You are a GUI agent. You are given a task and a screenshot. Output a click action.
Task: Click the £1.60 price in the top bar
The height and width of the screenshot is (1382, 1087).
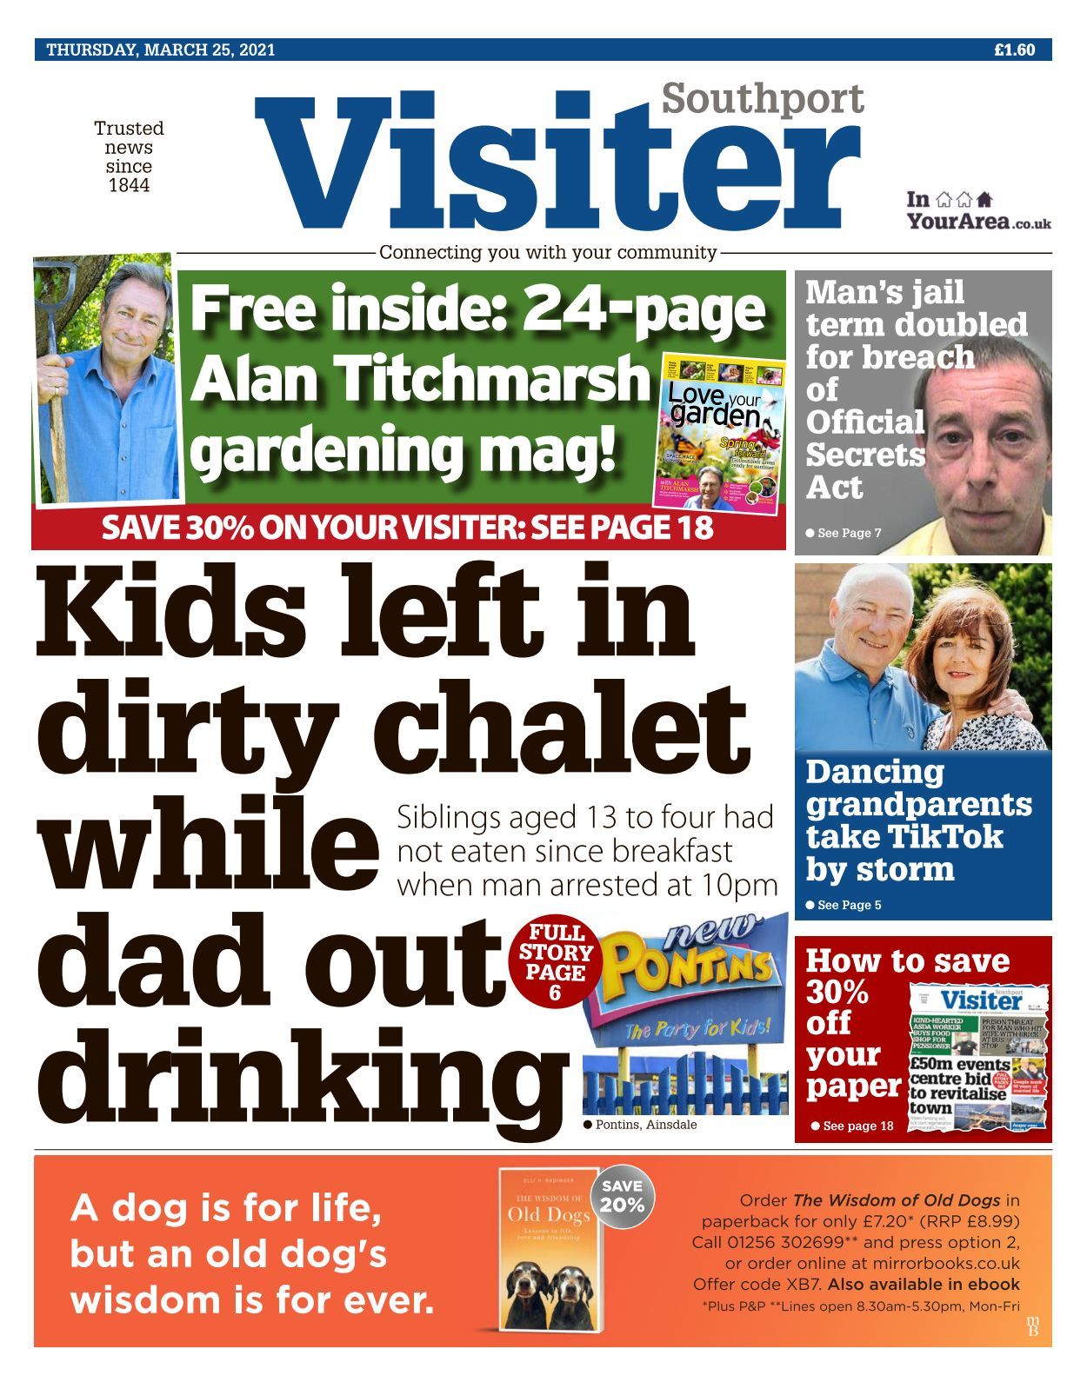coord(1014,50)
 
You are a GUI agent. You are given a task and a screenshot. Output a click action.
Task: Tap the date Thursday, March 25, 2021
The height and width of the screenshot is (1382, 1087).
coord(161,50)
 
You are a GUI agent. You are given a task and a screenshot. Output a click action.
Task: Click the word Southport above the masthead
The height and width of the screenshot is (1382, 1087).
coord(763,98)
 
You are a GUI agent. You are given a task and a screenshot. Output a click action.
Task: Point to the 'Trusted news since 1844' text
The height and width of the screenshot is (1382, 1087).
coord(129,156)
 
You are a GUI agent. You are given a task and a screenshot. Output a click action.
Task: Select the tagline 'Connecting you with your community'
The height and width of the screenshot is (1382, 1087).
coord(548,253)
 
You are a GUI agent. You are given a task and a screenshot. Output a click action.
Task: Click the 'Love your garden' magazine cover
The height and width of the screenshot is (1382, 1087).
coord(719,429)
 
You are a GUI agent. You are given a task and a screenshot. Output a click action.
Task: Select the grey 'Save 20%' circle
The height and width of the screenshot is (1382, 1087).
coord(623,1196)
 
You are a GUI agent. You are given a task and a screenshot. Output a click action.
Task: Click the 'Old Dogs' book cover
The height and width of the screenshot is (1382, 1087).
coord(550,1250)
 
